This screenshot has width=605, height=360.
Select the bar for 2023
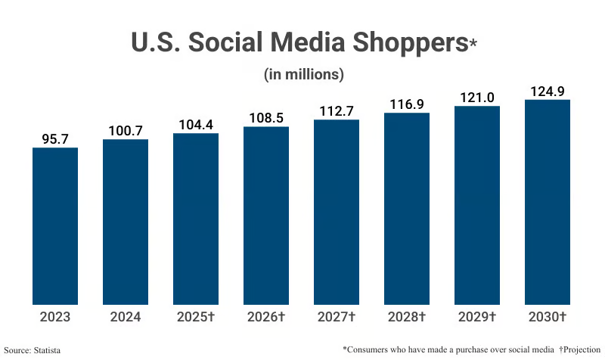(x=55, y=225)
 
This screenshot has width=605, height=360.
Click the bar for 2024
(x=126, y=222)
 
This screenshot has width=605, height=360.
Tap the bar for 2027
(x=337, y=212)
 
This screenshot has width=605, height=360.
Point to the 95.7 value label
(x=55, y=139)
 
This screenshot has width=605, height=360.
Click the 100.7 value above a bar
(x=126, y=131)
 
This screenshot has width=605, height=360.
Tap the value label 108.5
(x=266, y=118)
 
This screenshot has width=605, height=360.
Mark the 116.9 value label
(x=407, y=104)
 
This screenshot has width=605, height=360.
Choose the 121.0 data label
(x=477, y=98)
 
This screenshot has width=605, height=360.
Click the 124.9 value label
(x=548, y=92)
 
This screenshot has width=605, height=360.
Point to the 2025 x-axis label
(x=196, y=317)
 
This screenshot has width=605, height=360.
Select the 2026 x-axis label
(x=266, y=317)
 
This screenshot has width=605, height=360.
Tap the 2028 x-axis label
(x=407, y=317)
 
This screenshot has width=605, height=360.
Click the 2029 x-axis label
(x=477, y=317)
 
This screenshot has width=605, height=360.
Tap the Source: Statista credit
(x=33, y=350)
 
